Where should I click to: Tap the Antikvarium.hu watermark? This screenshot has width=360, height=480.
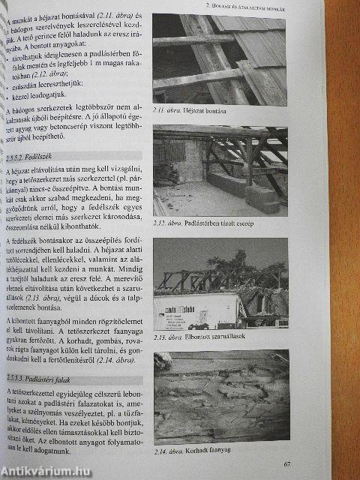(x=46, y=470)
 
